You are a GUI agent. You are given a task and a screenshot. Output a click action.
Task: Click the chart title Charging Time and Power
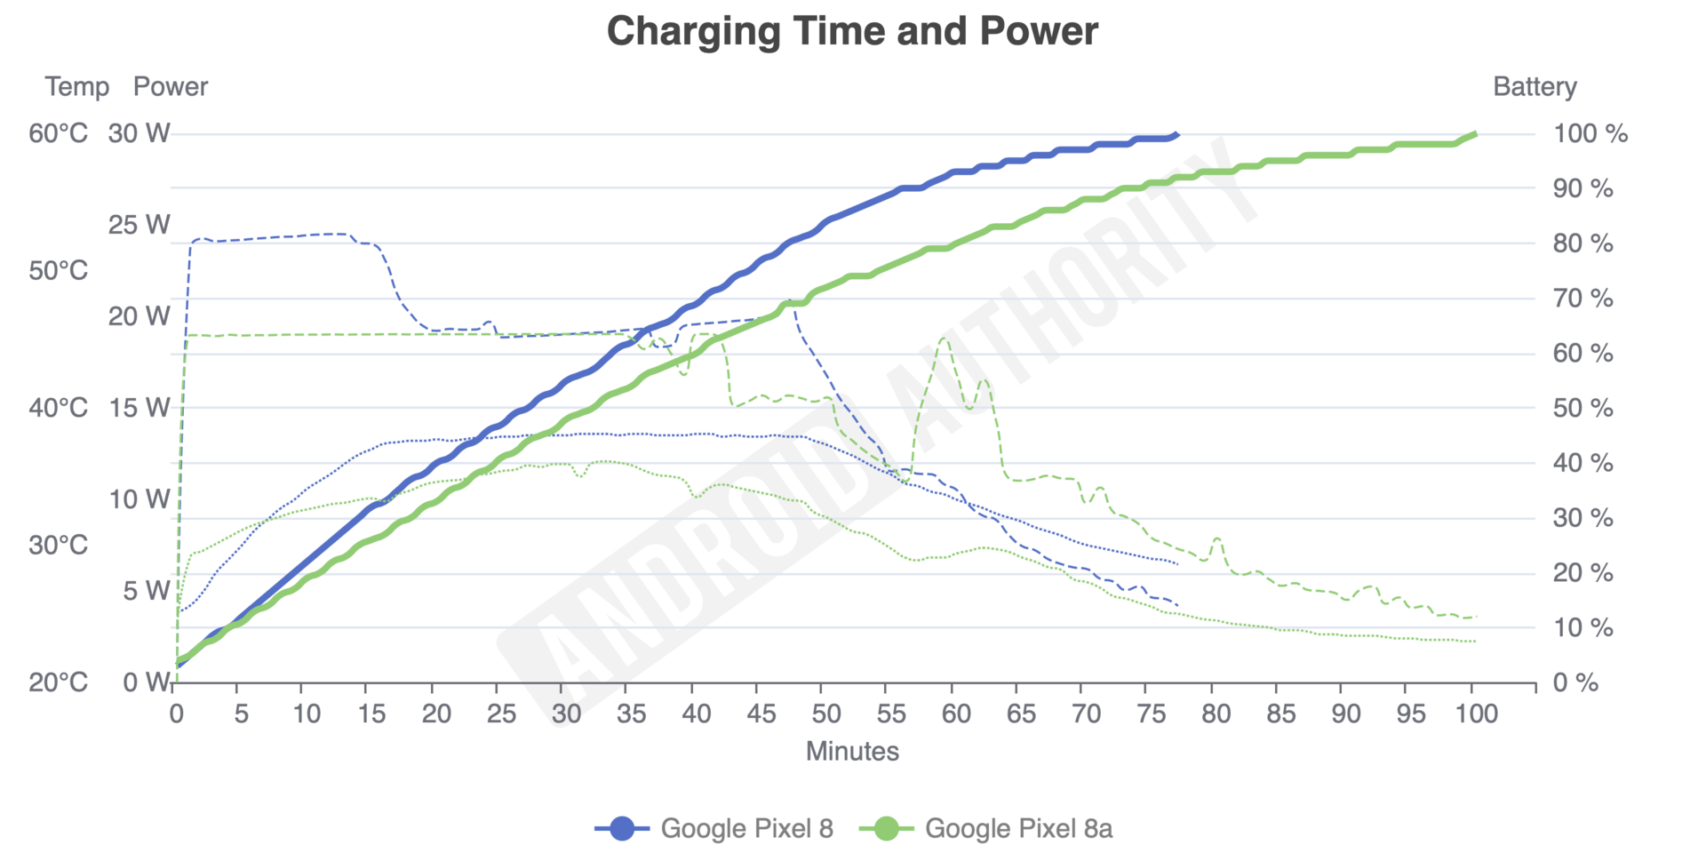(x=852, y=31)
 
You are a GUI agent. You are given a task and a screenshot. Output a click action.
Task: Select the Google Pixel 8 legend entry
(x=714, y=828)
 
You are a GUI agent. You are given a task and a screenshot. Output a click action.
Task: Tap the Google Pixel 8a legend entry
(x=986, y=828)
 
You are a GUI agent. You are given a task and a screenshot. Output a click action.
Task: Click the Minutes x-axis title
(x=852, y=752)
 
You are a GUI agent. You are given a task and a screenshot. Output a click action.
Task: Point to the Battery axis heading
(x=1535, y=87)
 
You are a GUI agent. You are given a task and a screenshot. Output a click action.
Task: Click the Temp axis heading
(x=77, y=87)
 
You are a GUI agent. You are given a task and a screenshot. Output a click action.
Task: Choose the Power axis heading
(x=171, y=87)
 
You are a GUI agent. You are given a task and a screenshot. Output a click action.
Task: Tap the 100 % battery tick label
(x=1590, y=134)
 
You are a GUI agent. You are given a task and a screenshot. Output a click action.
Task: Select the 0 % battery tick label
(x=1575, y=682)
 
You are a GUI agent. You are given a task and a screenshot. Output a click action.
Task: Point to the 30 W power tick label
(x=140, y=134)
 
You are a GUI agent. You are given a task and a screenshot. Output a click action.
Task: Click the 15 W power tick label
(x=140, y=408)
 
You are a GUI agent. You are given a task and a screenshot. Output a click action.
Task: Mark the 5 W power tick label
(x=146, y=591)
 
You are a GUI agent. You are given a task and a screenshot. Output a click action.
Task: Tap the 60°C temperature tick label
(x=59, y=134)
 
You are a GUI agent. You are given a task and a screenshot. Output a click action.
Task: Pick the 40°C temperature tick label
(x=59, y=408)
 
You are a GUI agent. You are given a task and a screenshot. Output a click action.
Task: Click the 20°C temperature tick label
(x=59, y=682)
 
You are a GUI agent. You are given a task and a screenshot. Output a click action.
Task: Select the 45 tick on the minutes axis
(x=761, y=713)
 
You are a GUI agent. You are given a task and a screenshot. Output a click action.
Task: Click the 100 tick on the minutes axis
(x=1477, y=713)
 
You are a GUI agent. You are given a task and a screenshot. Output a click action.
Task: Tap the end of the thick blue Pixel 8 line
(x=1177, y=134)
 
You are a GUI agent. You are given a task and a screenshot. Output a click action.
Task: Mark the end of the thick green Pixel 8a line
(x=1475, y=134)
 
